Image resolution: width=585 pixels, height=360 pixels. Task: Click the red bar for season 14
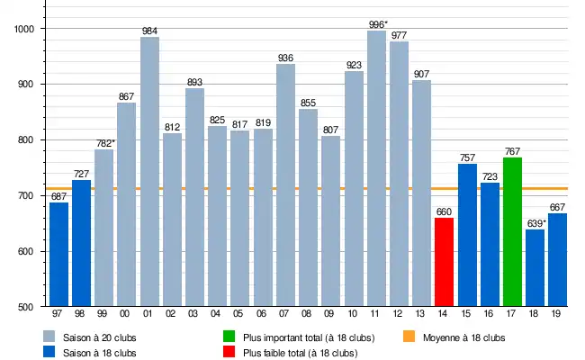coord(444,262)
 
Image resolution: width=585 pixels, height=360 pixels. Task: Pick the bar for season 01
coord(149,172)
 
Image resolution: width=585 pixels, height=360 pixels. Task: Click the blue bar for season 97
coord(58,255)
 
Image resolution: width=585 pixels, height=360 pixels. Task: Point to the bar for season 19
coord(558,260)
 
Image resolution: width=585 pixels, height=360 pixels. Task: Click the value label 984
coord(149,31)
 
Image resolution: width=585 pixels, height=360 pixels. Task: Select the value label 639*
coord(535,223)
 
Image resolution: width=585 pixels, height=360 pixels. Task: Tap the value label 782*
coord(104,143)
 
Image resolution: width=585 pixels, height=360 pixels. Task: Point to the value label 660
coord(444,212)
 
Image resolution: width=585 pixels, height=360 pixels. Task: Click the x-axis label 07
coord(285,314)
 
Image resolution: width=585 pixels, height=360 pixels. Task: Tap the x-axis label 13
coord(421,314)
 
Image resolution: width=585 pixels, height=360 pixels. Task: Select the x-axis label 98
coord(81,314)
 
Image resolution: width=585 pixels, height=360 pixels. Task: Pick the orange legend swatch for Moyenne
coord(409,337)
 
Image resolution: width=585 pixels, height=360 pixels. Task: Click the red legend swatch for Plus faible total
coord(230,353)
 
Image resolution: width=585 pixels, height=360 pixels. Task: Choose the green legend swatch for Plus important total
coord(230,337)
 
